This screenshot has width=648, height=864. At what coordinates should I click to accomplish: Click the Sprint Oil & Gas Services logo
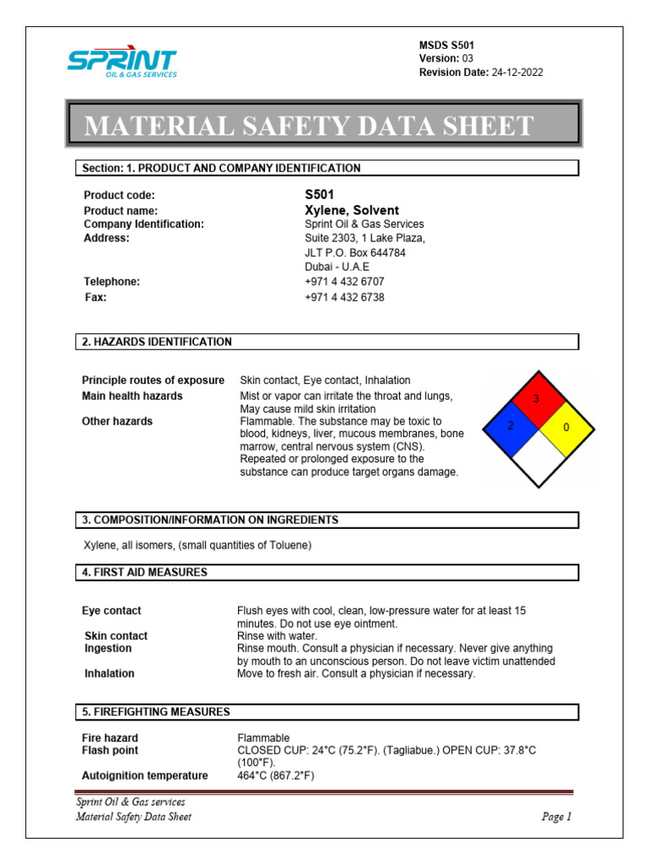tap(121, 62)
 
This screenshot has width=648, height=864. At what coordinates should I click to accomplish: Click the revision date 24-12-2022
tap(517, 73)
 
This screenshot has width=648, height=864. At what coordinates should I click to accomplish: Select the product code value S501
tap(320, 195)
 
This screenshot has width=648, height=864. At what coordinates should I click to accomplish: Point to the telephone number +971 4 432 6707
tap(344, 282)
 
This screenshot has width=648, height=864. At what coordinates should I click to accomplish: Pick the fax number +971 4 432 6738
tap(344, 297)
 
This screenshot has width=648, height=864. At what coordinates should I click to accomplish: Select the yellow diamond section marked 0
tap(564, 428)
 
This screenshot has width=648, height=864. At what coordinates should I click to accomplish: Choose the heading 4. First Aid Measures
tap(144, 572)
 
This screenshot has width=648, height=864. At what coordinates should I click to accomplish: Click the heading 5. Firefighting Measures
tap(155, 712)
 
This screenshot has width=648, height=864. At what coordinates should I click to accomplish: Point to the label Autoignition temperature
tap(145, 775)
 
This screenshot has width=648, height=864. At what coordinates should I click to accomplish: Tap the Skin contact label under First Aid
tap(116, 635)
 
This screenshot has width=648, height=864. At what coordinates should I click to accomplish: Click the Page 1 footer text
tap(556, 817)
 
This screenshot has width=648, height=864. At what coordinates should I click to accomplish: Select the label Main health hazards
tap(132, 396)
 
